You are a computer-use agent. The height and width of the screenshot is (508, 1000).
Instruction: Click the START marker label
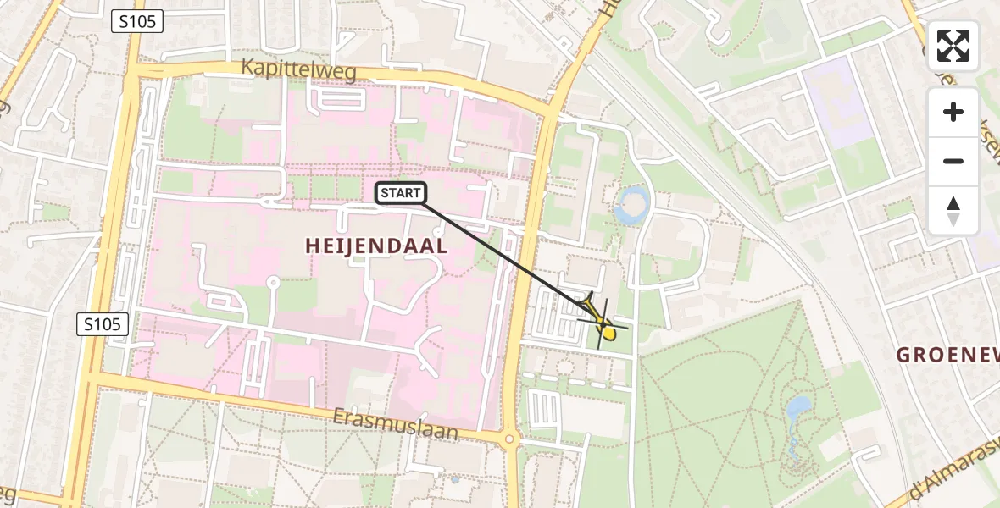[401, 193]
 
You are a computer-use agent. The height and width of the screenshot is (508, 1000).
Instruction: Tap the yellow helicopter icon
[603, 323]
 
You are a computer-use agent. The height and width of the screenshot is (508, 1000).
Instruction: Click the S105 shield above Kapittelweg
[136, 22]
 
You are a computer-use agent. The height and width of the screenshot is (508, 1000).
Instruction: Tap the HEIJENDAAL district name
[376, 246]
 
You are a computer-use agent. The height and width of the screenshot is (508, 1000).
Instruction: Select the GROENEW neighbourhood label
[947, 355]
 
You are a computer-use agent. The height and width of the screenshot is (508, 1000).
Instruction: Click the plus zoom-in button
[953, 112]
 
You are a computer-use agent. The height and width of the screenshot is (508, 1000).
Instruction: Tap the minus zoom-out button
[953, 161]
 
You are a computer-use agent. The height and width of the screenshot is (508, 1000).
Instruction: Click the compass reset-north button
[953, 210]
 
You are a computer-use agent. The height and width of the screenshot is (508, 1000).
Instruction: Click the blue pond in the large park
[797, 411]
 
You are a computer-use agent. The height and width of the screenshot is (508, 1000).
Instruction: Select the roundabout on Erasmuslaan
[508, 439]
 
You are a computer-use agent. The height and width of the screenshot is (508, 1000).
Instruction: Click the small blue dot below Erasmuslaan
[455, 479]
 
